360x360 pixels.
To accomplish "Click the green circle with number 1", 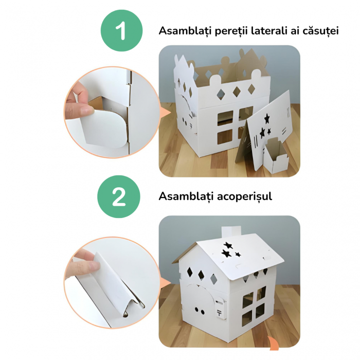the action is (x=121, y=30).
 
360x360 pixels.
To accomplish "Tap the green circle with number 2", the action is (x=118, y=196).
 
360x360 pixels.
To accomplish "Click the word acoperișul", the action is (x=244, y=197).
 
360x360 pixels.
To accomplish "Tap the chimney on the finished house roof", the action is (x=231, y=232).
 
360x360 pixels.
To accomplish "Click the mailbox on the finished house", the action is (x=221, y=308).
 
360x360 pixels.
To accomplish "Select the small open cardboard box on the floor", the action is (x=275, y=154).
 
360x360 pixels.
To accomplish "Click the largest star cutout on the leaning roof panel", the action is (x=267, y=119).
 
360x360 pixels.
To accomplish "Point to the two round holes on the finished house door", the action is (x=200, y=311).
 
